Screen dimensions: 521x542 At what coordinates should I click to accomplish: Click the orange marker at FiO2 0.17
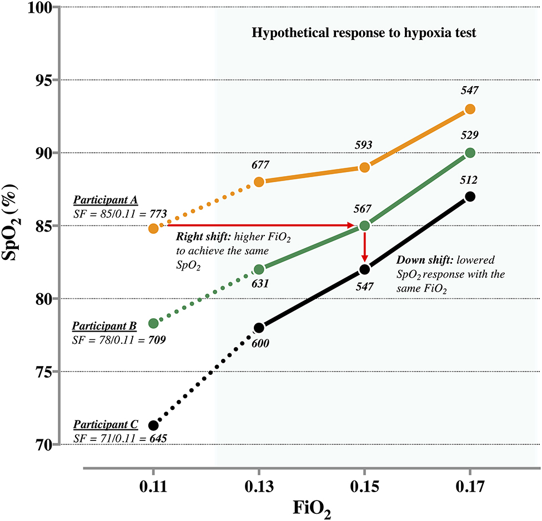click(x=470, y=109)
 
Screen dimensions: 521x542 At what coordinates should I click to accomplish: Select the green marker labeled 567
click(x=364, y=226)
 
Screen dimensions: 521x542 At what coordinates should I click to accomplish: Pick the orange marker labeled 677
click(x=259, y=182)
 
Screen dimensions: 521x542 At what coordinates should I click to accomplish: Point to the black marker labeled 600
click(x=259, y=328)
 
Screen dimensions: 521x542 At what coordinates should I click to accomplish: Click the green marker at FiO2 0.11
click(x=153, y=323)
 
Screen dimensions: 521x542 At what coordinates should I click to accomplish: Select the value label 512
click(x=470, y=179)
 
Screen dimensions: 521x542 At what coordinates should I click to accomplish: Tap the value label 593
click(x=364, y=146)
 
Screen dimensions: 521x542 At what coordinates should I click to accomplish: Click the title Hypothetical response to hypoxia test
click(x=364, y=33)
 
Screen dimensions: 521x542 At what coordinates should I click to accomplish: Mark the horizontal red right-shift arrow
click(x=258, y=226)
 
